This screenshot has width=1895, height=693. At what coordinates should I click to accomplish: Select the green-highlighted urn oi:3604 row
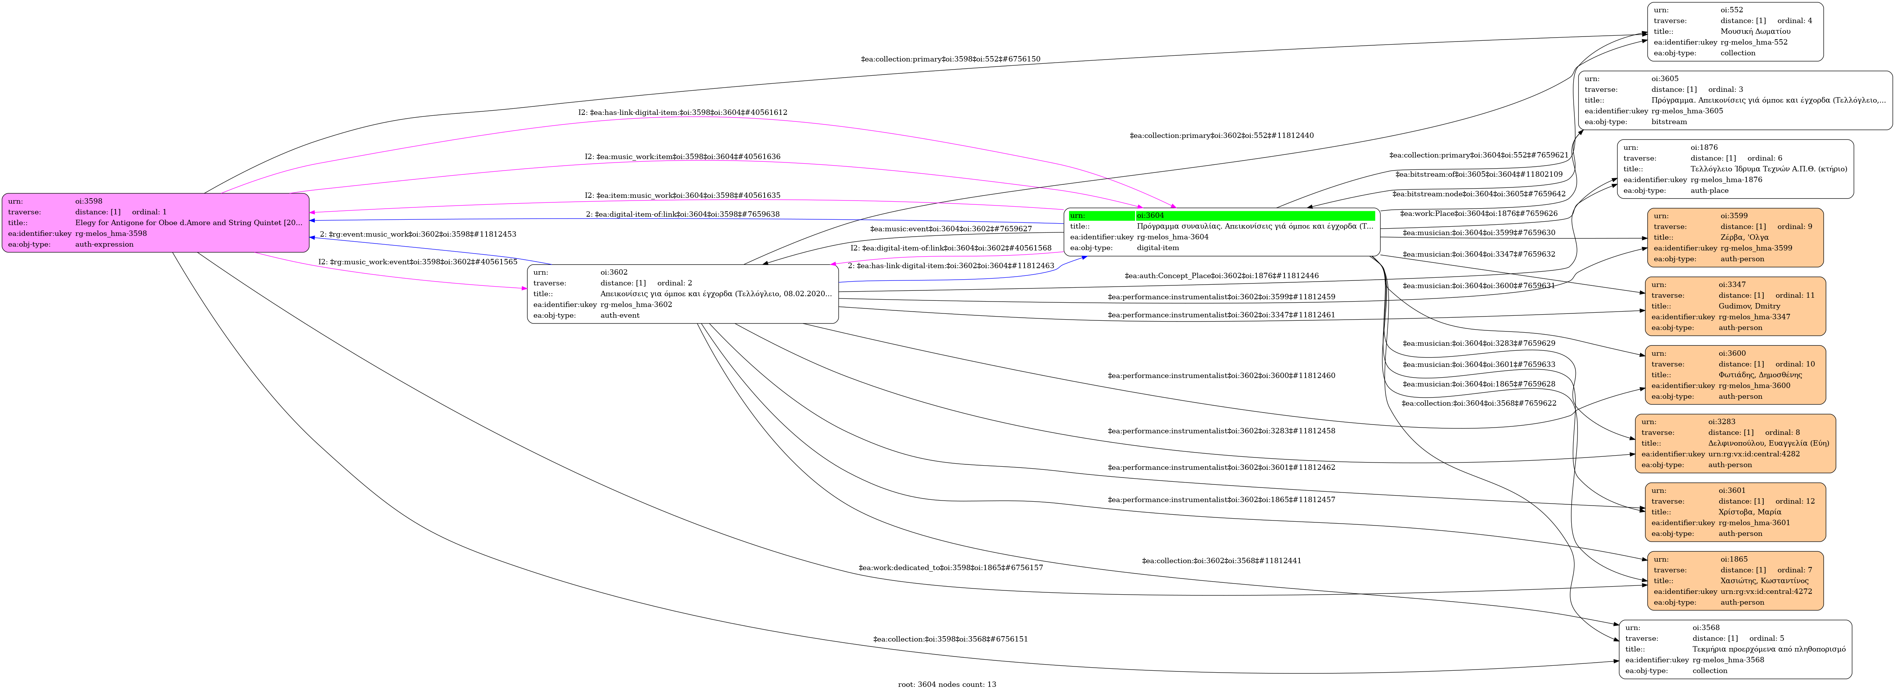(x=1221, y=216)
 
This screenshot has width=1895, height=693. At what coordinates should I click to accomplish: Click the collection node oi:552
(x=1734, y=31)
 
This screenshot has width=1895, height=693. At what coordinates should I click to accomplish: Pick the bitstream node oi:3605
(x=1734, y=100)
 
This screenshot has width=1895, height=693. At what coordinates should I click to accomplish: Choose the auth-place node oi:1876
(x=1734, y=169)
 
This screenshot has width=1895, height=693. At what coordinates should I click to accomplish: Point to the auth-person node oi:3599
(x=1734, y=238)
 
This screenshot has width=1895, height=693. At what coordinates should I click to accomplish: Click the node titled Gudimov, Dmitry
(x=1734, y=306)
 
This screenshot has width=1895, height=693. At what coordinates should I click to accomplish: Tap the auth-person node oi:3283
(x=1734, y=444)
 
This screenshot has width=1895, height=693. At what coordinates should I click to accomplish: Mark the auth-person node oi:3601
(x=1734, y=512)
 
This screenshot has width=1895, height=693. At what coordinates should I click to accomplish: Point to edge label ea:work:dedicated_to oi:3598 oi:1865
(x=950, y=568)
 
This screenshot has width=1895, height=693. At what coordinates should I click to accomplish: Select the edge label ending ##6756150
(x=950, y=59)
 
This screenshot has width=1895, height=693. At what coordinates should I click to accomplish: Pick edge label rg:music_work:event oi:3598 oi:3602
(x=417, y=262)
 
